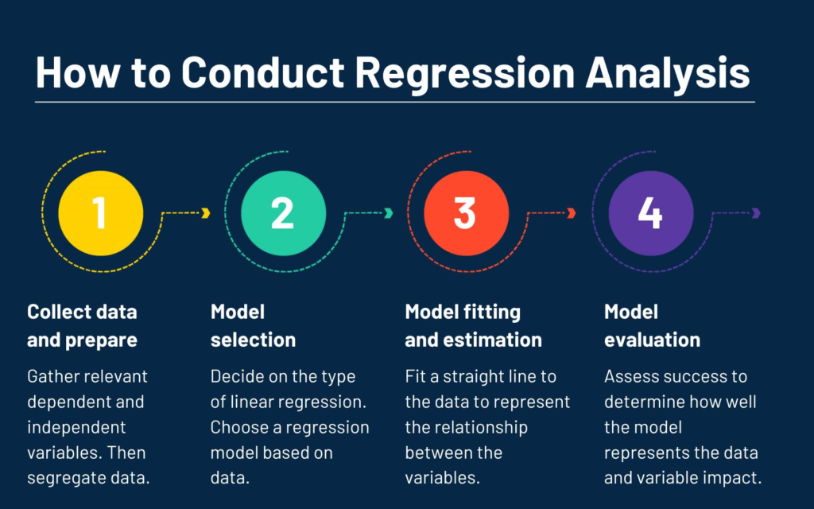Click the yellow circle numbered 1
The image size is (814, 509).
pyautogui.click(x=101, y=213)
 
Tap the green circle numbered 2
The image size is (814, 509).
pyautogui.click(x=284, y=213)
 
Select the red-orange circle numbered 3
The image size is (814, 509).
pyautogui.click(x=466, y=213)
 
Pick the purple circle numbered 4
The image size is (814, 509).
pyautogui.click(x=651, y=213)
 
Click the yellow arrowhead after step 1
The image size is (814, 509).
pyautogui.click(x=206, y=213)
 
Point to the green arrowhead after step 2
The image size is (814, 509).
pyautogui.click(x=389, y=213)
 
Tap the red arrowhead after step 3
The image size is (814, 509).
pyautogui.click(x=572, y=213)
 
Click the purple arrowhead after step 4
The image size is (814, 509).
pyautogui.click(x=757, y=213)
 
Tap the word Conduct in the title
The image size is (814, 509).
pyautogui.click(x=262, y=72)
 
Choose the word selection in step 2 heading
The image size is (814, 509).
pyautogui.click(x=254, y=340)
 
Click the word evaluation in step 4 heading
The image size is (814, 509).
pyautogui.click(x=653, y=340)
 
